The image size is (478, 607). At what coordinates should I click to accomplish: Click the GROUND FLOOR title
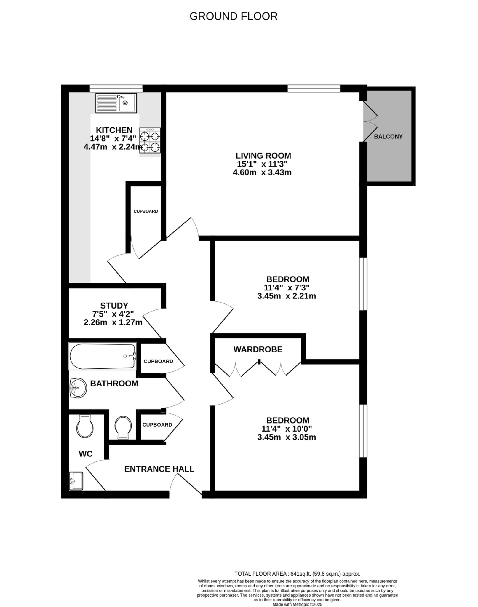(x=233, y=16)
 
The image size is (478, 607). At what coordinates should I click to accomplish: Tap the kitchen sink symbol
(x=116, y=103)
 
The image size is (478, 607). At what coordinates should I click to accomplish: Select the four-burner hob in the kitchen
(x=150, y=140)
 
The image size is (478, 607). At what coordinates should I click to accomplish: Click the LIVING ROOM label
(x=263, y=156)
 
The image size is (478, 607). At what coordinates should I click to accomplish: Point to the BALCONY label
(x=388, y=137)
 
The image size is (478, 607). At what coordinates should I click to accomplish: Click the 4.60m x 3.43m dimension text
(x=262, y=172)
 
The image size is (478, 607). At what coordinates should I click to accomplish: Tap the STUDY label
(x=114, y=306)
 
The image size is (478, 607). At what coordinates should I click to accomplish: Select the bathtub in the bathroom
(x=102, y=356)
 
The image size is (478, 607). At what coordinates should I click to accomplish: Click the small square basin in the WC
(x=76, y=481)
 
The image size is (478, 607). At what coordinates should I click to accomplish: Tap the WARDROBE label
(x=258, y=349)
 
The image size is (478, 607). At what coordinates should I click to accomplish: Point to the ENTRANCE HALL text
(x=159, y=469)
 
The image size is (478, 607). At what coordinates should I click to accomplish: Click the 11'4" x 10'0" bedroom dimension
(x=286, y=429)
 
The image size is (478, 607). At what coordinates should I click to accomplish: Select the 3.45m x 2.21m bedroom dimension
(x=286, y=296)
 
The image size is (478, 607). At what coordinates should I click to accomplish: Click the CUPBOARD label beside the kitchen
(x=146, y=211)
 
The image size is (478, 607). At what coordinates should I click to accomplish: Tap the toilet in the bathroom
(x=123, y=428)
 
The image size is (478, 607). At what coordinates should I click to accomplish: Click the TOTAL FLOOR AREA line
(x=297, y=574)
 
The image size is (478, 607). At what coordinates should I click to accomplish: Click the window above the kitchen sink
(x=116, y=88)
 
